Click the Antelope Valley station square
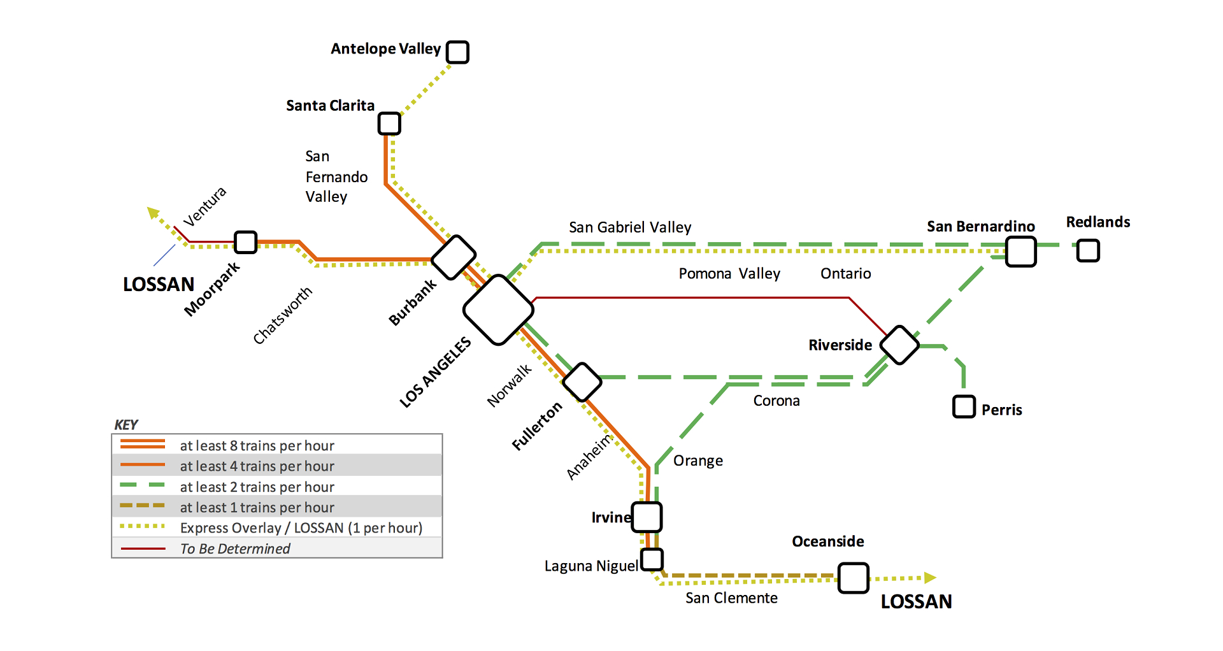click(x=457, y=52)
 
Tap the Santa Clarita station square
click(x=389, y=124)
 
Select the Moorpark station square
click(x=245, y=242)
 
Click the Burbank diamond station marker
click(x=454, y=257)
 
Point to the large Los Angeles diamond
click(x=498, y=310)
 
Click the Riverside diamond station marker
click(x=899, y=345)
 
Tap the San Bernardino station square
click(x=1020, y=251)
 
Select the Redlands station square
click(x=1088, y=250)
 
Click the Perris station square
click(x=964, y=406)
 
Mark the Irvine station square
click(x=647, y=517)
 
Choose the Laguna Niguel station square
click(x=652, y=559)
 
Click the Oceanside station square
click(x=853, y=578)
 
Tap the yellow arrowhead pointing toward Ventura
click(x=153, y=213)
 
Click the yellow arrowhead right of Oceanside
click(x=930, y=578)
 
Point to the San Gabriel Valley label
click(x=629, y=227)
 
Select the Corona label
click(x=776, y=401)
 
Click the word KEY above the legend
click(x=125, y=425)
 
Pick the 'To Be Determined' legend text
click(x=235, y=548)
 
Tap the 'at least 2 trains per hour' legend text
click(x=257, y=487)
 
